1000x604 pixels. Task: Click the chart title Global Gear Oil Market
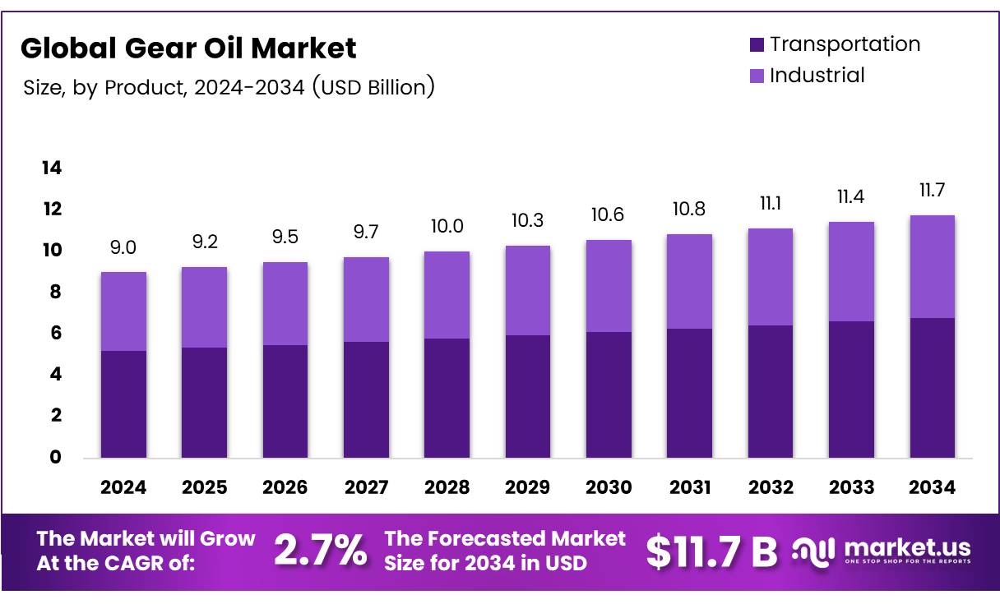pos(188,48)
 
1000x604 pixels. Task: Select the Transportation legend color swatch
pos(757,44)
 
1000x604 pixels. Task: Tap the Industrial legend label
pos(817,76)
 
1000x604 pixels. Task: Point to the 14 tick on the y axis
pos(51,168)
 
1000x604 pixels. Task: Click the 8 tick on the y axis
pos(55,292)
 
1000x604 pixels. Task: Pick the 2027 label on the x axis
pos(366,487)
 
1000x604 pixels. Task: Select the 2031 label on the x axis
pos(690,487)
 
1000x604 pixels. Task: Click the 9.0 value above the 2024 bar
pos(123,248)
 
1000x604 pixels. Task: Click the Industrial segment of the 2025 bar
pos(204,307)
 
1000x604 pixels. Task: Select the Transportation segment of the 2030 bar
pos(609,394)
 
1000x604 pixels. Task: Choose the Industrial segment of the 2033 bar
pos(851,271)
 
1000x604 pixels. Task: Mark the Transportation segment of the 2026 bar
pos(285,401)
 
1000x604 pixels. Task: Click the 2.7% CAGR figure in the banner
pos(320,551)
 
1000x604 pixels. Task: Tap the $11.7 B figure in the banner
pos(711,551)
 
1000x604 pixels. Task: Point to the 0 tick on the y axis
pos(55,458)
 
